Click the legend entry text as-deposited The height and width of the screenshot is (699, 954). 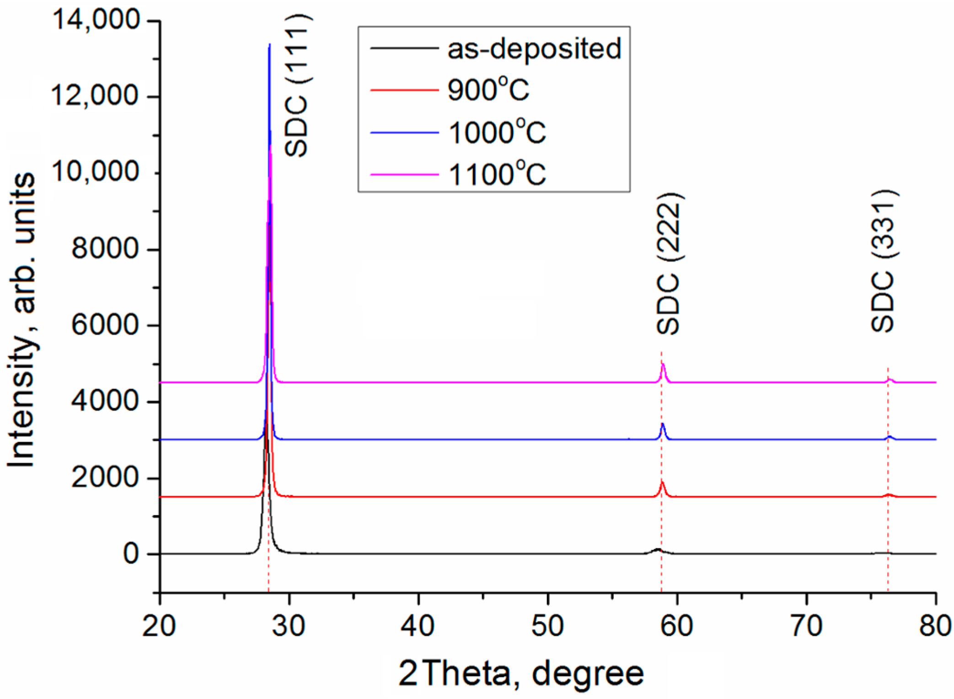[x=534, y=48]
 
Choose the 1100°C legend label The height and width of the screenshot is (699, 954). [x=497, y=174]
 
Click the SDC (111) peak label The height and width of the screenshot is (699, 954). [x=297, y=85]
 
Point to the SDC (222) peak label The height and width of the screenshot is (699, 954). [x=670, y=264]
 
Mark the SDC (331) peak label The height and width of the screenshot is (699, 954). [x=884, y=261]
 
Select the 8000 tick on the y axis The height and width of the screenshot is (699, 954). [x=105, y=249]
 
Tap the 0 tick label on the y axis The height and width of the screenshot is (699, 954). [x=131, y=554]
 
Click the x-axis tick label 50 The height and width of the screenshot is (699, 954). [x=547, y=626]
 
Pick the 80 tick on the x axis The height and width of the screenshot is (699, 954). [x=935, y=626]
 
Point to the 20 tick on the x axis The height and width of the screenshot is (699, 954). [x=159, y=626]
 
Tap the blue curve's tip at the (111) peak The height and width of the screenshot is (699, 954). [x=269, y=45]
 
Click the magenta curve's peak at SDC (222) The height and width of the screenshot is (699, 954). [x=663, y=364]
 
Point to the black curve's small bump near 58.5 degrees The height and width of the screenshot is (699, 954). [x=658, y=549]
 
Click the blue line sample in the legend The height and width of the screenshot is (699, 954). [x=404, y=133]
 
